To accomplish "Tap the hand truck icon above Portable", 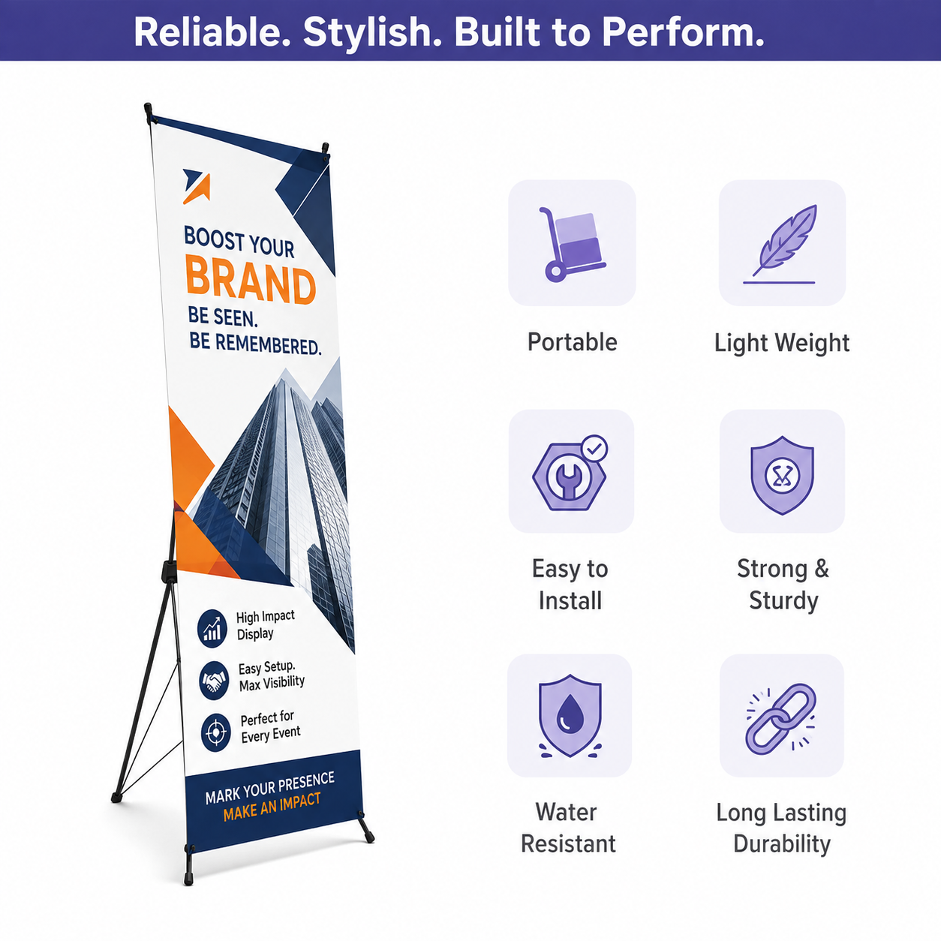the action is [x=573, y=244].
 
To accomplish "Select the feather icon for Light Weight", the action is [x=782, y=244].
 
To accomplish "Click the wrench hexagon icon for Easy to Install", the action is [x=570, y=473].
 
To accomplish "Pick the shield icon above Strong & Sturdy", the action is [x=782, y=475].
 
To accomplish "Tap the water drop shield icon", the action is [x=570, y=716].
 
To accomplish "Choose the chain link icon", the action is [x=781, y=719].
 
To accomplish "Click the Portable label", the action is [x=572, y=342].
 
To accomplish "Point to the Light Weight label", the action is [x=782, y=343].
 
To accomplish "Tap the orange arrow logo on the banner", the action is [x=197, y=186].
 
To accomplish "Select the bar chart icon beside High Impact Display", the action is [x=212, y=629].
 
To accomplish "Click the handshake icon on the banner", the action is [x=215, y=680].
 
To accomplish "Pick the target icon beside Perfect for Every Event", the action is [x=216, y=732].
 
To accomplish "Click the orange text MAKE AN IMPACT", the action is [x=272, y=807].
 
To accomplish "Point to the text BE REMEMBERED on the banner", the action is [x=255, y=344].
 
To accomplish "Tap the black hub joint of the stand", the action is [x=169, y=571].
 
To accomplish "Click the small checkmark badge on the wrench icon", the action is [x=594, y=448].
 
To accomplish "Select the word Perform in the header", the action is [x=683, y=32].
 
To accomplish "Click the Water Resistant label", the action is [x=568, y=828].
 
